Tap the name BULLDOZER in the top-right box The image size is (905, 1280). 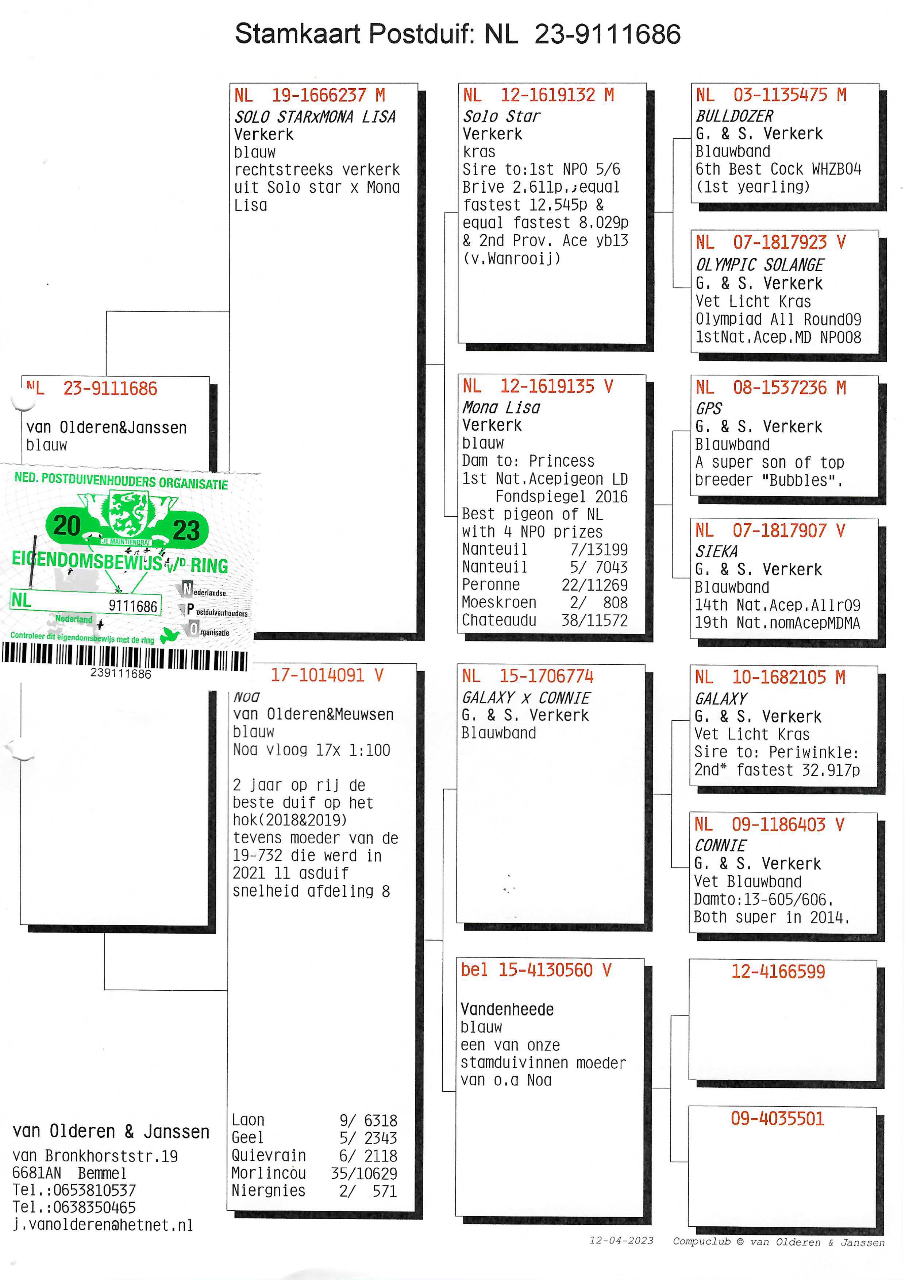(x=734, y=116)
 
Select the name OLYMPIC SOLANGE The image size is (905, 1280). (x=759, y=265)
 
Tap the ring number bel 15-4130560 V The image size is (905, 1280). (x=536, y=970)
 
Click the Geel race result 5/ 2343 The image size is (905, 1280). (x=368, y=1138)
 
